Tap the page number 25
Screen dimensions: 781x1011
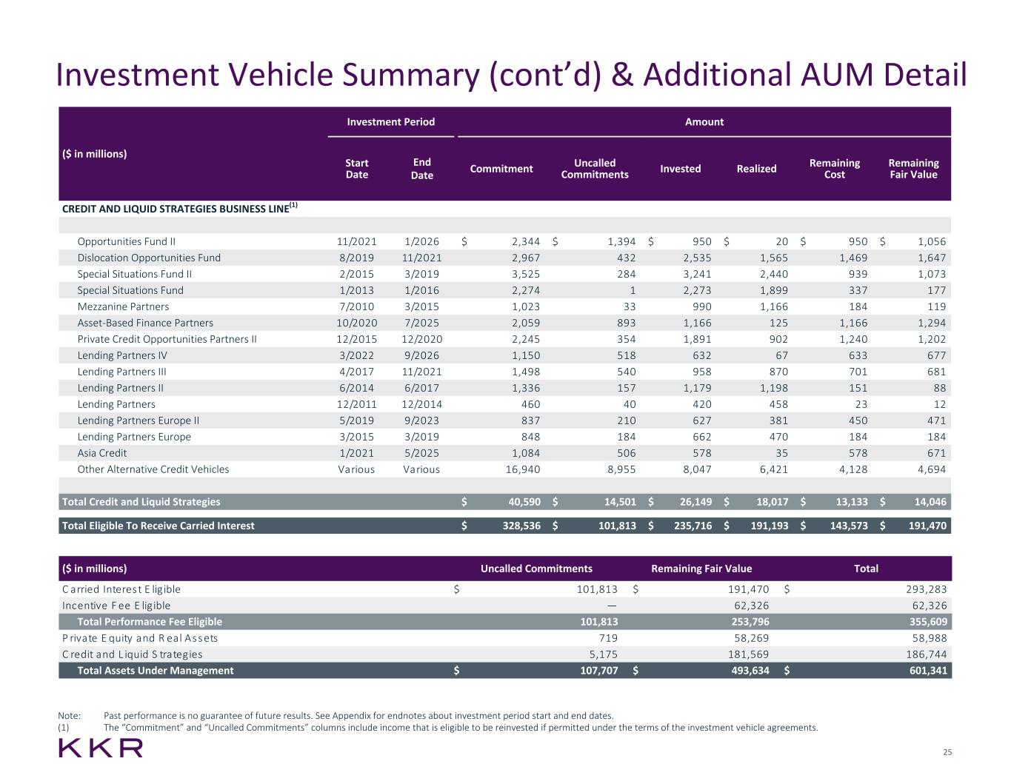(947, 752)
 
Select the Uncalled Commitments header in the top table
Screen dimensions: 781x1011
(595, 169)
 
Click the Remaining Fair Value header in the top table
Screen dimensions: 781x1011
(912, 169)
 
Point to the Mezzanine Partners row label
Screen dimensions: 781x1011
(123, 306)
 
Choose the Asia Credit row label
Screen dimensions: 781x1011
(102, 453)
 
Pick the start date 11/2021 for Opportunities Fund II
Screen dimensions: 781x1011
(356, 241)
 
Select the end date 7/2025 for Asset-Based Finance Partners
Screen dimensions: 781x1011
(421, 323)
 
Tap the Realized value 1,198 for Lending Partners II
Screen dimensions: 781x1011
(773, 388)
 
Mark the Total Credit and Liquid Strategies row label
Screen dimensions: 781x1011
(141, 502)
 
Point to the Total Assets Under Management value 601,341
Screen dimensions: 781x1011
(925, 671)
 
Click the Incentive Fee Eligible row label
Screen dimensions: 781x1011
(116, 606)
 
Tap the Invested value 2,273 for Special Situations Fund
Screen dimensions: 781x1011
(696, 290)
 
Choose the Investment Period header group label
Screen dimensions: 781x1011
(391, 121)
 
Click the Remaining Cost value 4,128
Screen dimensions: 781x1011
(852, 469)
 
